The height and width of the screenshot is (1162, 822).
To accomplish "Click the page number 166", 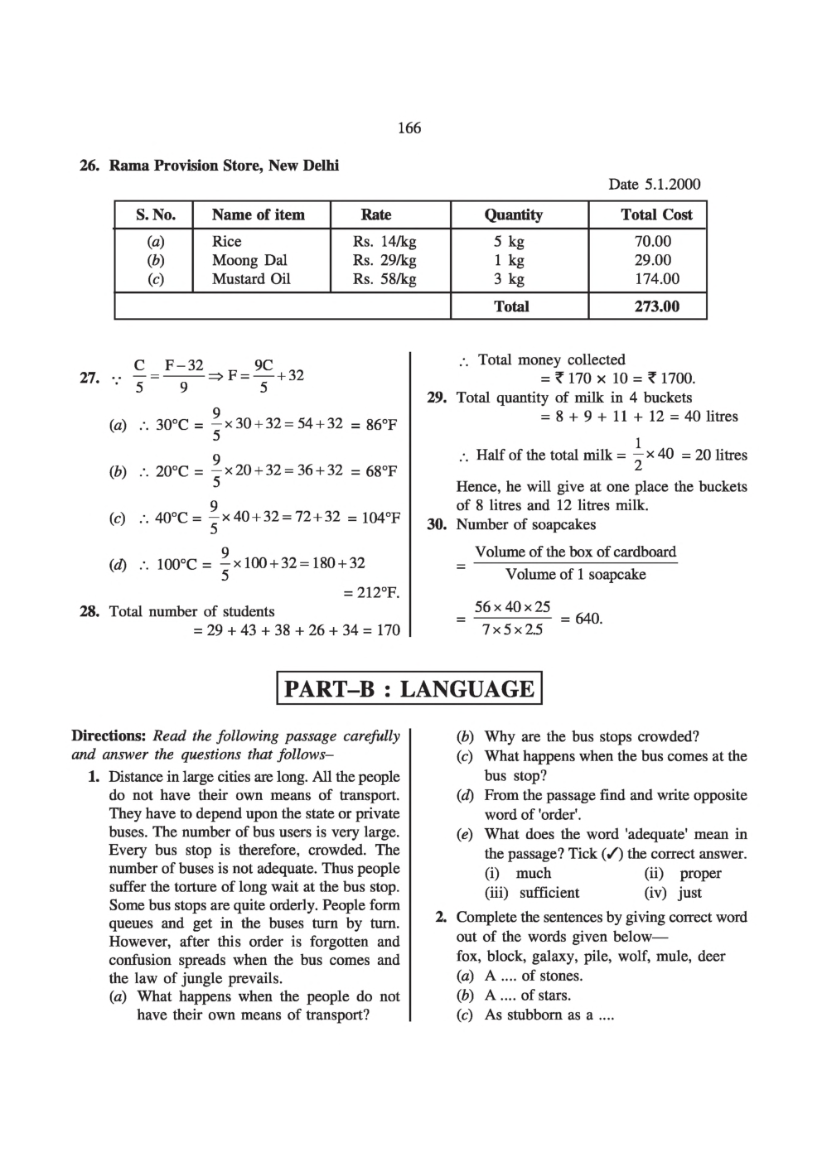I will tap(409, 128).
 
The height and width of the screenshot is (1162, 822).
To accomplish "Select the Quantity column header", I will tap(513, 215).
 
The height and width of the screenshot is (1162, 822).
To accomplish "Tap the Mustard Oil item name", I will tap(251, 279).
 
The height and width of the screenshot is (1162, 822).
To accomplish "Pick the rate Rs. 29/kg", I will tap(384, 260).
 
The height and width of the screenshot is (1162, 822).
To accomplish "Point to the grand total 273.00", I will tap(656, 306).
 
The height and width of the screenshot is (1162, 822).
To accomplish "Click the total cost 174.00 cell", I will tap(656, 279).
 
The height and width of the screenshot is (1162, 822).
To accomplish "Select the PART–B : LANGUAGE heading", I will tap(409, 689).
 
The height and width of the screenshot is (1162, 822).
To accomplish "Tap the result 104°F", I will tap(380, 518).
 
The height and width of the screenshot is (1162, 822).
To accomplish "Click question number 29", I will tap(437, 398).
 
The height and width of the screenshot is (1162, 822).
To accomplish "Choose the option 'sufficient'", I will tap(549, 893).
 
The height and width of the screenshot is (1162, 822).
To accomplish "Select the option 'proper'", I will tap(700, 873).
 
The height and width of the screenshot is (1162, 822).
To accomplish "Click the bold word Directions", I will tap(109, 735).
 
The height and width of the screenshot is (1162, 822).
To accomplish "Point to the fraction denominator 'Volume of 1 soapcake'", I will tap(575, 575).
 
